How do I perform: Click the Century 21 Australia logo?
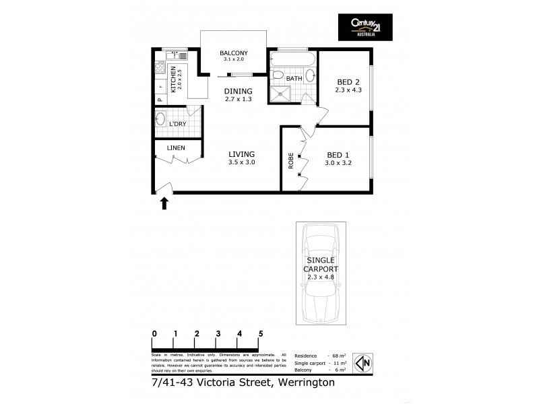(x=364, y=28)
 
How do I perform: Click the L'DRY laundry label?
(x=178, y=124)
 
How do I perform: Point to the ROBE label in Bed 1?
(x=291, y=162)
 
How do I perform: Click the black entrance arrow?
(x=163, y=203)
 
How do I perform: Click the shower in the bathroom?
(x=279, y=93)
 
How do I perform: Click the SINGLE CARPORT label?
(x=322, y=265)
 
